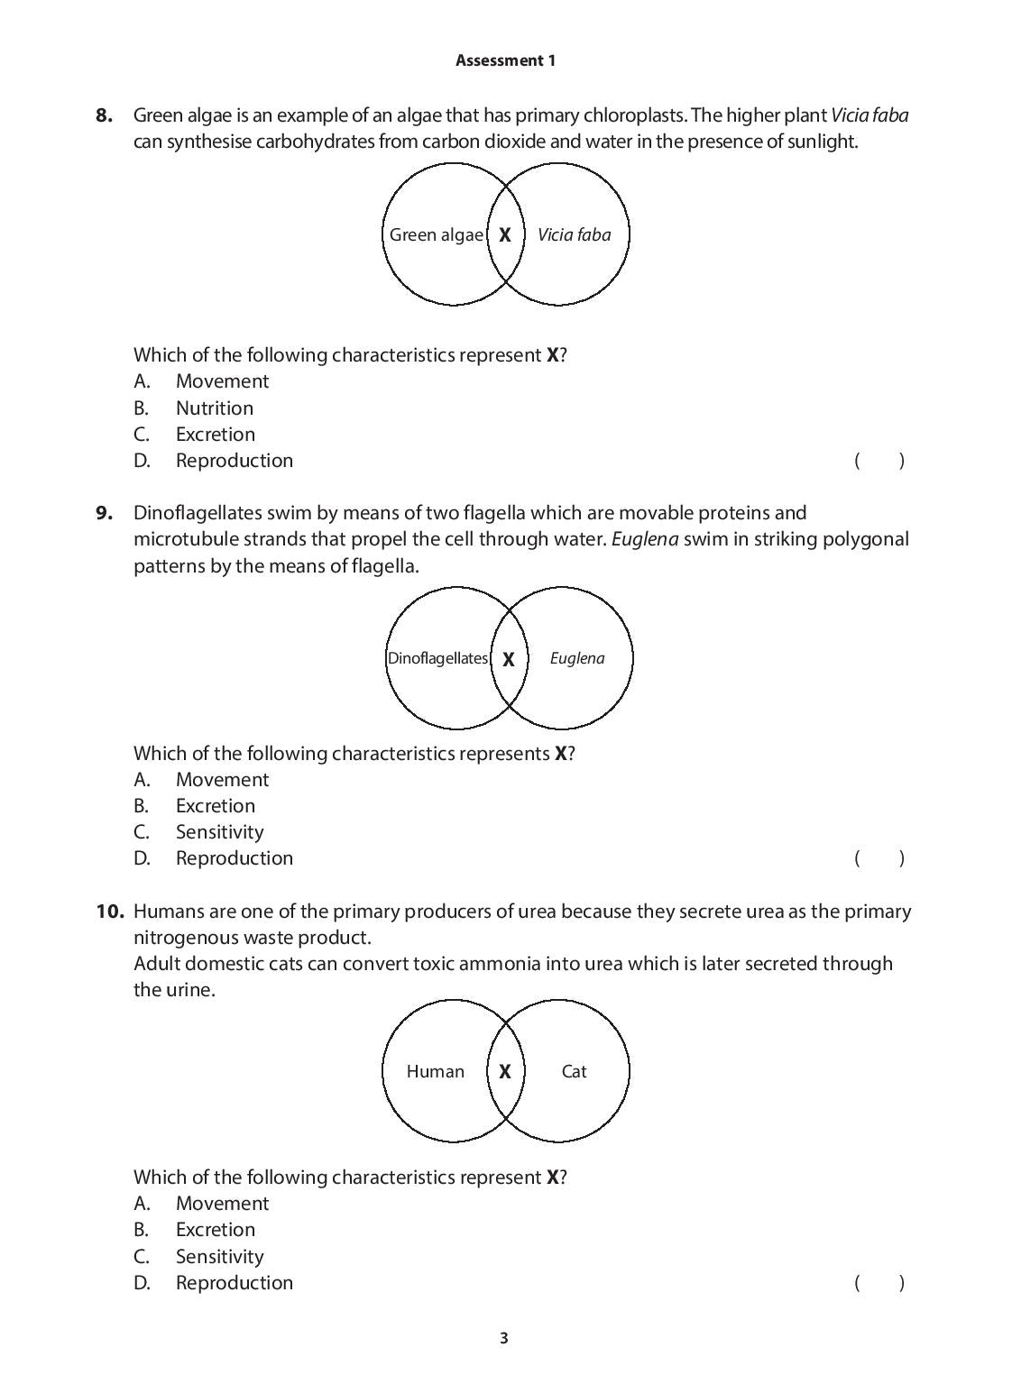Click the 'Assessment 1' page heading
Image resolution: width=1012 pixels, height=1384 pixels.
tap(505, 60)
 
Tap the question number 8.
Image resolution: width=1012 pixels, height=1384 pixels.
tap(105, 115)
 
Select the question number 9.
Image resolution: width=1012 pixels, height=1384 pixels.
tap(105, 512)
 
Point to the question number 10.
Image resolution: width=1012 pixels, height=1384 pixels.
tap(109, 911)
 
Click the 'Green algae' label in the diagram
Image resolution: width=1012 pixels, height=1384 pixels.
tap(436, 234)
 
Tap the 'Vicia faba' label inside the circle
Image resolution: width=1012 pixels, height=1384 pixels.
tap(574, 234)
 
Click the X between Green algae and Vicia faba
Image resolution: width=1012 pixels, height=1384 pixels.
tap(505, 234)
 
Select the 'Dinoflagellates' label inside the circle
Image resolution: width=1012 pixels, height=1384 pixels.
tap(437, 658)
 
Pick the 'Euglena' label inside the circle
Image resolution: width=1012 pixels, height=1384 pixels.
tap(577, 658)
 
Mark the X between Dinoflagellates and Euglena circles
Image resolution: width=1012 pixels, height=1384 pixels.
tap(509, 659)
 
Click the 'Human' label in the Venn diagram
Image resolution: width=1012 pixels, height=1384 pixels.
tap(435, 1071)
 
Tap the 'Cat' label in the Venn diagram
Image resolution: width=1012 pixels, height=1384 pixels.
tap(574, 1071)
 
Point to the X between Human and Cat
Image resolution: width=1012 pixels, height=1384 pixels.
tap(505, 1071)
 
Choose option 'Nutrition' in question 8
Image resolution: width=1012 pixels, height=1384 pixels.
tap(215, 408)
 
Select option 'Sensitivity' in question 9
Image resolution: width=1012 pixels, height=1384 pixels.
tap(219, 831)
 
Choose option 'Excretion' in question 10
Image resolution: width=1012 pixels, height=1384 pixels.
tap(216, 1229)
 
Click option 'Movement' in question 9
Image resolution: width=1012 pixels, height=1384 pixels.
tap(222, 779)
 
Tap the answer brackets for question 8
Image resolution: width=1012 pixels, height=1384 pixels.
tap(879, 461)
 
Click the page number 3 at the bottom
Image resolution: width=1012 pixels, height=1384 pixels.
tap(504, 1338)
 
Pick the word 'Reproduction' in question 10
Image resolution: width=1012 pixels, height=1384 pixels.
tap(235, 1282)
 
